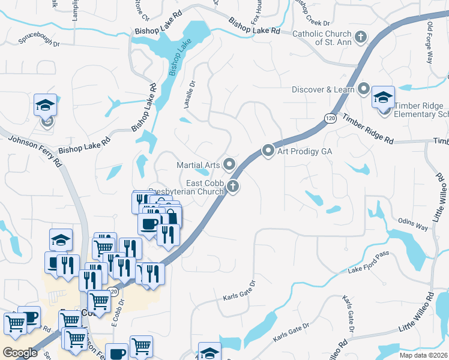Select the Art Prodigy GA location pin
coord(268,151)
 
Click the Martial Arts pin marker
coord(229,164)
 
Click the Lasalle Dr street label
coord(189,95)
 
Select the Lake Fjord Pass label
coord(369,263)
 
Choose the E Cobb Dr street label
coord(116,321)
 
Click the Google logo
coord(20,353)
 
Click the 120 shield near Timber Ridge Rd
coord(331,119)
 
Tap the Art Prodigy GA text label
coord(304,151)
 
